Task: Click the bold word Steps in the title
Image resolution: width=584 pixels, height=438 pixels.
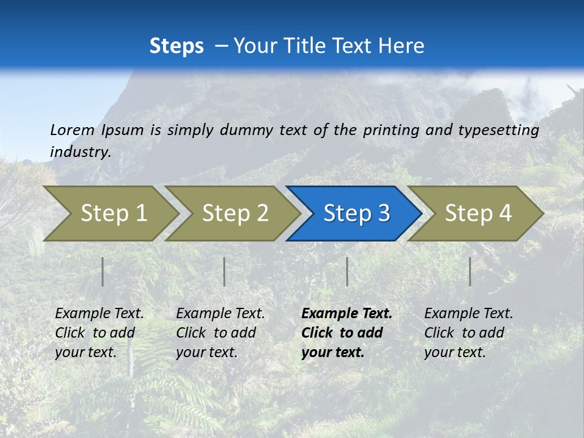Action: (x=176, y=46)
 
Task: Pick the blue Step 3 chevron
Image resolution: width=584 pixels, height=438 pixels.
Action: (x=356, y=214)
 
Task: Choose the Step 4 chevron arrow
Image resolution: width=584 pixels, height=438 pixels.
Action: (x=478, y=214)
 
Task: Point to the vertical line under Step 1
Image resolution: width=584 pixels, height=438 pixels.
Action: (x=103, y=271)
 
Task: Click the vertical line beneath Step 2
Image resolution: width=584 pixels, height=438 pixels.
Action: (x=224, y=271)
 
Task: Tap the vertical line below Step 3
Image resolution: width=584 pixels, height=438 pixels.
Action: (x=347, y=271)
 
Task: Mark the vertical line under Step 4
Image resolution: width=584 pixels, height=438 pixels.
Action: (x=470, y=271)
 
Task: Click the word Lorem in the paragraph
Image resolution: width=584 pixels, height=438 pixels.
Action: (x=72, y=130)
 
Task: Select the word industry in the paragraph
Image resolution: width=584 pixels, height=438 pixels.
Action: (x=80, y=152)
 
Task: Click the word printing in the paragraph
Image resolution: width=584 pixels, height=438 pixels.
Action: (x=391, y=130)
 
